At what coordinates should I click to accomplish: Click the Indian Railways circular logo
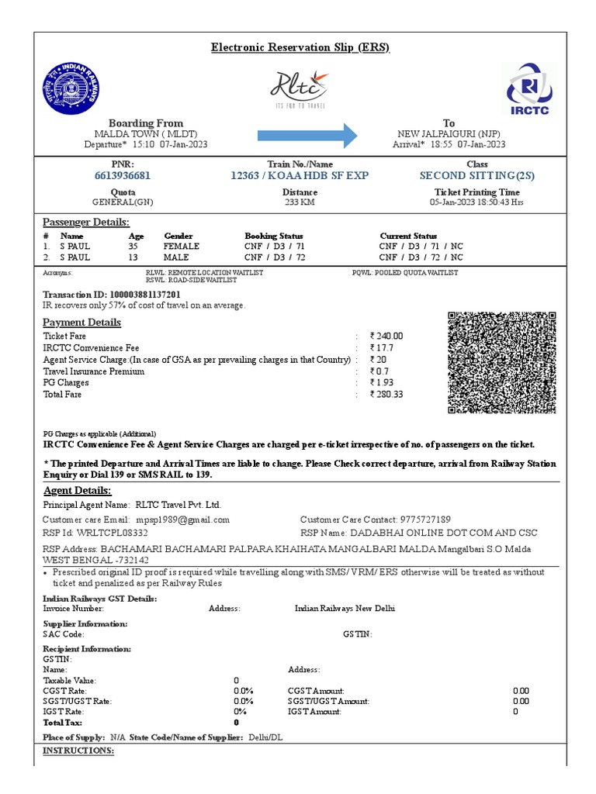71,88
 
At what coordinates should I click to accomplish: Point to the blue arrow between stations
307,136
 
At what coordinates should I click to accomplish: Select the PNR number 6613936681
123,176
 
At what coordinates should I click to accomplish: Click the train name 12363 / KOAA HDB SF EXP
300,176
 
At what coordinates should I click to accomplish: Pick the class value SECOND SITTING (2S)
476,176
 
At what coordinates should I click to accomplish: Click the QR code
502,363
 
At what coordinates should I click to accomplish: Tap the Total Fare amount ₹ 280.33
386,395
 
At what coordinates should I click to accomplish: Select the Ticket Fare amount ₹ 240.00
386,337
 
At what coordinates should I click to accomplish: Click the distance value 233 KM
300,202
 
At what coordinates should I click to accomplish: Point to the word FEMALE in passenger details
182,247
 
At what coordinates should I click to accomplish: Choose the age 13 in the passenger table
133,257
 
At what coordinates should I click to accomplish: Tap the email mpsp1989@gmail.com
183,520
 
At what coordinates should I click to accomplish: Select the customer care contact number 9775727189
424,520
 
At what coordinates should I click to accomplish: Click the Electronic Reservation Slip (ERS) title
300,48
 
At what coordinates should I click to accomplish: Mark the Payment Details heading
81,323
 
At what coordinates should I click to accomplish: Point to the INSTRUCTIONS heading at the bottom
78,751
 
